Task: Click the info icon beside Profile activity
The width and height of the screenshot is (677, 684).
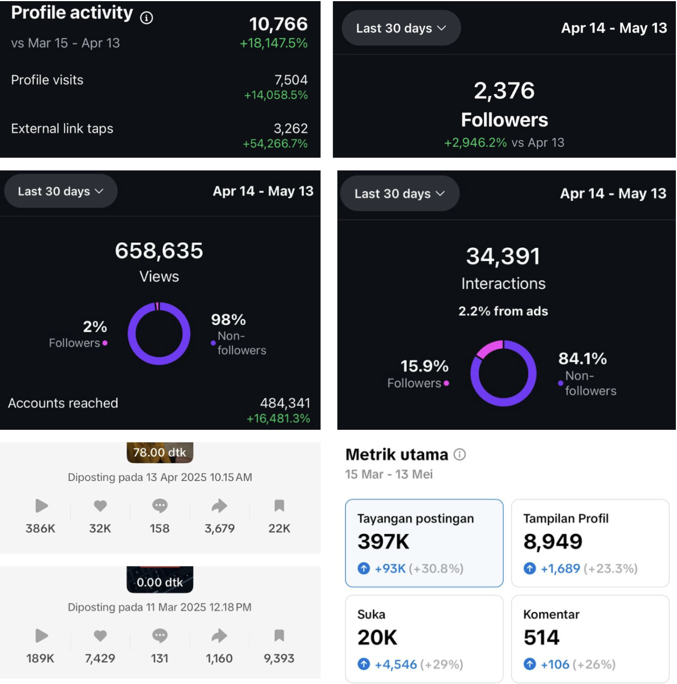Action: click(x=146, y=18)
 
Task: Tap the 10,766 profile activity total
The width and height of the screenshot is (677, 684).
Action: click(x=278, y=24)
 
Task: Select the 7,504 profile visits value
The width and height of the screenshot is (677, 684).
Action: click(x=291, y=80)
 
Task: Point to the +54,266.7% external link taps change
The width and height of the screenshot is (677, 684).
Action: click(x=275, y=144)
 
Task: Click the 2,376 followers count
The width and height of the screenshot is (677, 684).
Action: click(x=504, y=90)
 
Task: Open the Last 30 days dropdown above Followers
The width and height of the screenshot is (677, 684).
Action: click(x=401, y=28)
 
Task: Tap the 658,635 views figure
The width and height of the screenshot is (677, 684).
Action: click(x=159, y=251)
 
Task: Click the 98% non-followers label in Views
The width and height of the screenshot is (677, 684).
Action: click(x=229, y=319)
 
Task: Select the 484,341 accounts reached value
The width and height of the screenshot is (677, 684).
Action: click(x=285, y=403)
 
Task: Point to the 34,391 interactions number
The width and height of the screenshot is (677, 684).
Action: click(x=503, y=256)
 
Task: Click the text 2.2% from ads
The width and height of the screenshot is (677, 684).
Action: click(x=503, y=311)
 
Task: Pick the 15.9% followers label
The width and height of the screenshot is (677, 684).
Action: click(x=424, y=366)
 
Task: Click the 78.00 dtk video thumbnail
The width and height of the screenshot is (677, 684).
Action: click(x=160, y=452)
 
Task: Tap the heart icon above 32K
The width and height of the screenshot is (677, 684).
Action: click(x=100, y=506)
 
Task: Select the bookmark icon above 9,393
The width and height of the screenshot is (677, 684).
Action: click(x=279, y=636)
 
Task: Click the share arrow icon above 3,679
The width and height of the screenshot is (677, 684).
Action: click(x=219, y=506)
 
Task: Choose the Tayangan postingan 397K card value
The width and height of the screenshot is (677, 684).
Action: click(x=383, y=541)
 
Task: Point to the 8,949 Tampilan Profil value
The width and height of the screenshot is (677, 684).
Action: click(x=552, y=541)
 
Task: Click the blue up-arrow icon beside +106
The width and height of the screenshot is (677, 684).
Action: click(x=529, y=664)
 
